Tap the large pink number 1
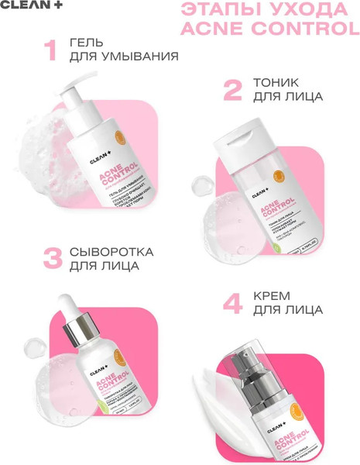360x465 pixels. click(50, 50)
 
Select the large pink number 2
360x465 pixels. click(232, 90)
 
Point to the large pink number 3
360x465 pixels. click(51, 259)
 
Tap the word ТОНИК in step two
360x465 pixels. click(273, 81)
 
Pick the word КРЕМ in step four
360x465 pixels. click(269, 295)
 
